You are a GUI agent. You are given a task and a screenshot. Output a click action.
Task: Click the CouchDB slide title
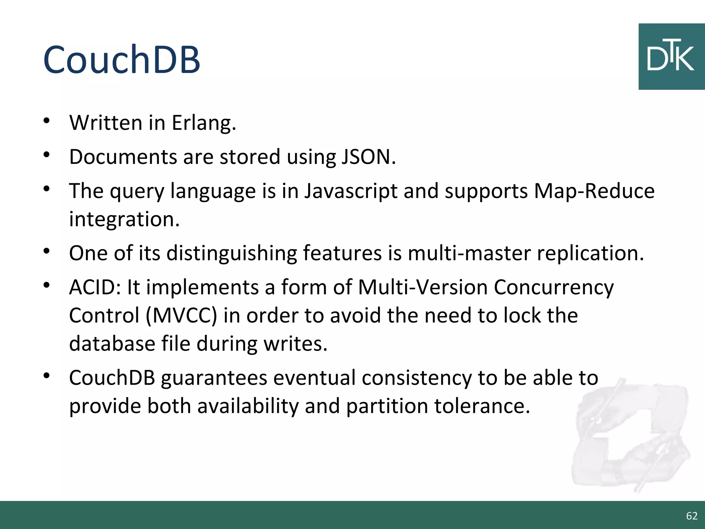click(122, 59)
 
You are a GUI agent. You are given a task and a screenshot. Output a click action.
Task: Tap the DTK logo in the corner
click(671, 57)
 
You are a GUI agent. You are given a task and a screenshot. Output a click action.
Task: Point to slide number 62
click(692, 516)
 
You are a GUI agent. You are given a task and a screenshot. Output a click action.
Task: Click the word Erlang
click(204, 123)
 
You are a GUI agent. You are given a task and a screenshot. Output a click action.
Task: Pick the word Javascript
click(351, 191)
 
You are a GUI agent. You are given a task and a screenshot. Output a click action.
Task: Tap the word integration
click(124, 219)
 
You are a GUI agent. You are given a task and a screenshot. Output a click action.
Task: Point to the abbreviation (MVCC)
click(181, 316)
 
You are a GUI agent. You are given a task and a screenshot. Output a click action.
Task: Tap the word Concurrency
click(554, 288)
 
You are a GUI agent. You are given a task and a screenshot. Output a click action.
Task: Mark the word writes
click(295, 344)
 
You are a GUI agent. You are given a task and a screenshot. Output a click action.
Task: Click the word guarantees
click(214, 378)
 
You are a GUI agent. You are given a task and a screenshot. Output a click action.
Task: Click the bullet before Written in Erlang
click(47, 121)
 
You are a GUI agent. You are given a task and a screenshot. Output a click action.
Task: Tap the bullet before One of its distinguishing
click(47, 251)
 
